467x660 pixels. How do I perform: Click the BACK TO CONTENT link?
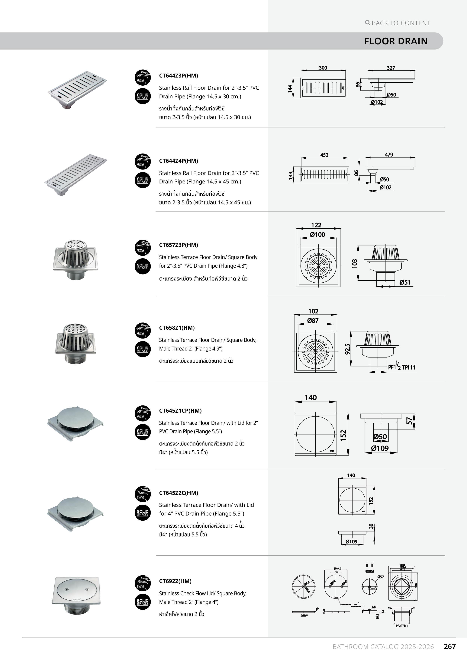tap(398, 23)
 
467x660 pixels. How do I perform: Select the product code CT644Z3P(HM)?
tap(178, 76)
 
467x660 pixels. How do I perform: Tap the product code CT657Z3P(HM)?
tap(178, 245)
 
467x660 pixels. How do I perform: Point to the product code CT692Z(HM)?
tap(175, 581)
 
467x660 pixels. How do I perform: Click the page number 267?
tap(450, 646)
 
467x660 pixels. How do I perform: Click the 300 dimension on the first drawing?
tap(323, 68)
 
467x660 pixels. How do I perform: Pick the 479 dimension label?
tap(389, 155)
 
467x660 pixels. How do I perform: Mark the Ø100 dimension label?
tap(317, 235)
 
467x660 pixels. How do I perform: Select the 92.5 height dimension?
tap(348, 349)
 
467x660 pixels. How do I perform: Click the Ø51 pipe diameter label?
tap(405, 282)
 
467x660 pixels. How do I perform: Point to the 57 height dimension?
tap(409, 421)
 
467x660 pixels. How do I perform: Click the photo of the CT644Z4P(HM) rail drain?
tap(76, 175)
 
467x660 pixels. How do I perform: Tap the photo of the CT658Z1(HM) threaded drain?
tap(75, 344)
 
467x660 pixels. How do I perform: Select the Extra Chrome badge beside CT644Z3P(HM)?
tap(142, 77)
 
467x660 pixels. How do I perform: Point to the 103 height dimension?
tap(355, 263)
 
